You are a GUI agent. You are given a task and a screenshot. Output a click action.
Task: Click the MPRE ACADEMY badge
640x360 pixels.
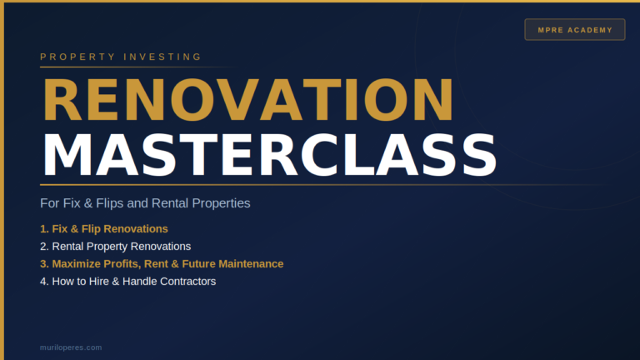click(575, 29)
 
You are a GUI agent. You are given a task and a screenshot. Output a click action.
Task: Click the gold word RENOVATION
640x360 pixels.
click(248, 100)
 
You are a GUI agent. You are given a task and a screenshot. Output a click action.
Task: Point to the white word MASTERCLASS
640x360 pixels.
click(270, 156)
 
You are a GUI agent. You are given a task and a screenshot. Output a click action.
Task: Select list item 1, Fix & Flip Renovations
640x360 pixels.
click(103, 229)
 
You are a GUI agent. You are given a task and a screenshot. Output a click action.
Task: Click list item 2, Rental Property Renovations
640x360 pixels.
click(115, 247)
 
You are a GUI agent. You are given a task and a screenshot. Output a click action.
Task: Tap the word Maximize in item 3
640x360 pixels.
click(77, 264)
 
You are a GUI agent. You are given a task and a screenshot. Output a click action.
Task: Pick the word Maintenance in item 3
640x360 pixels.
click(251, 264)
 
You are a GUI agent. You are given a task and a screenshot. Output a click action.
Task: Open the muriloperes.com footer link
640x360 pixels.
click(71, 347)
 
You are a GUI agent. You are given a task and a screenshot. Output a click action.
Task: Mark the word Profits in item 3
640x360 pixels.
click(122, 264)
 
